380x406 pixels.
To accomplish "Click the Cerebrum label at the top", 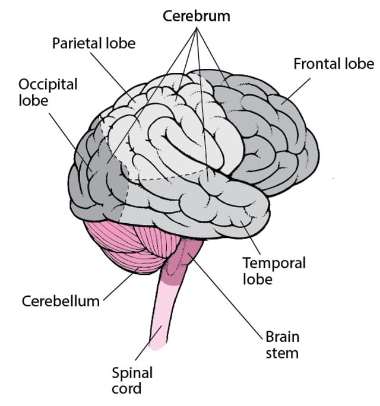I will click(x=197, y=16).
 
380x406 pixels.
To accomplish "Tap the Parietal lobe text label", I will click(x=94, y=43).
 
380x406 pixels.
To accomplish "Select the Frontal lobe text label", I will click(x=333, y=64).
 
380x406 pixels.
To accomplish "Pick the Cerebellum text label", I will click(x=61, y=300).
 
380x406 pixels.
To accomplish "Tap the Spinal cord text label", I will click(x=132, y=380).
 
